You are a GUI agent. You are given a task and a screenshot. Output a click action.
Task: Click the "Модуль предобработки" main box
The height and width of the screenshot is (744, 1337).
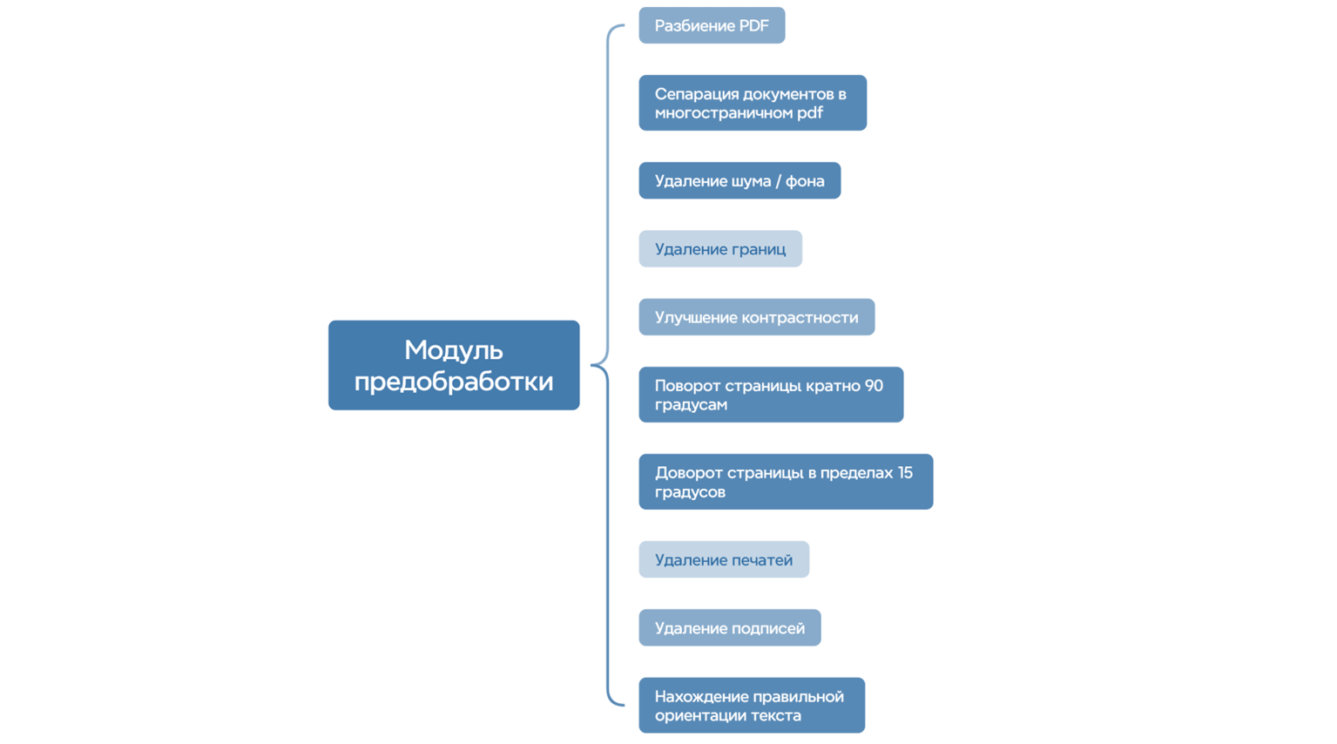(453, 365)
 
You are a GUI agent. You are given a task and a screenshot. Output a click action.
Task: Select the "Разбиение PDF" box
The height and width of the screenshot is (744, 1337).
(712, 25)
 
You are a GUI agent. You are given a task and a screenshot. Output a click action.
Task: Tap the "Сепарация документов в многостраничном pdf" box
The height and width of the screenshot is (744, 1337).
(753, 103)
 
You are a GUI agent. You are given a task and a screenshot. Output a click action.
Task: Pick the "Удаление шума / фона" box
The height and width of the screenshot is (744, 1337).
(739, 180)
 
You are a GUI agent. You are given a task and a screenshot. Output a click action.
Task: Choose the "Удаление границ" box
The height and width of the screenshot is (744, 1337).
(720, 249)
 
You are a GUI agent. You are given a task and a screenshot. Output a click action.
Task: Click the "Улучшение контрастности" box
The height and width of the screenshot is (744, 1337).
(756, 317)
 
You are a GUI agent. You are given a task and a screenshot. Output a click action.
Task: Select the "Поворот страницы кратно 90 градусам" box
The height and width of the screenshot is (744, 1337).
(771, 395)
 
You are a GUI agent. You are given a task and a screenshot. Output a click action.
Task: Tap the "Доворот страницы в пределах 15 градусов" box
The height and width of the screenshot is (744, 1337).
(786, 482)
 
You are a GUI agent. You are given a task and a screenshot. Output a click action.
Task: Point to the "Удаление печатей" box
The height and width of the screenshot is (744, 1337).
(724, 559)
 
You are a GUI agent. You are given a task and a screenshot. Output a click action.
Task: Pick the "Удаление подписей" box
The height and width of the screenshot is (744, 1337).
(730, 628)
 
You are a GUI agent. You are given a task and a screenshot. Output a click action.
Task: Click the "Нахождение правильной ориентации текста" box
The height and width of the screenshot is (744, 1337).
(752, 706)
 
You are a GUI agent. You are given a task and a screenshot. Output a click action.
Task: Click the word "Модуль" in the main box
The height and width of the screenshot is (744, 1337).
(453, 350)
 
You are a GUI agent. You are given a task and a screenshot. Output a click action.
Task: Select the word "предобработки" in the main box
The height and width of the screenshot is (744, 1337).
(453, 381)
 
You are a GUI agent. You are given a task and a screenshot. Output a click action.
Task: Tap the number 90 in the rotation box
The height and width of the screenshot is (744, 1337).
(873, 385)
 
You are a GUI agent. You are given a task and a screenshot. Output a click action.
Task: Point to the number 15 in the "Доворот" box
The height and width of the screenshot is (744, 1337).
(903, 472)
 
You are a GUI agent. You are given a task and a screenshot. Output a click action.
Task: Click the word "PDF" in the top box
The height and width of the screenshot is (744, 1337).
(753, 26)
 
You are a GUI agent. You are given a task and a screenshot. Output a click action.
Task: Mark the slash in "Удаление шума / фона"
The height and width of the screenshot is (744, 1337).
(777, 181)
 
